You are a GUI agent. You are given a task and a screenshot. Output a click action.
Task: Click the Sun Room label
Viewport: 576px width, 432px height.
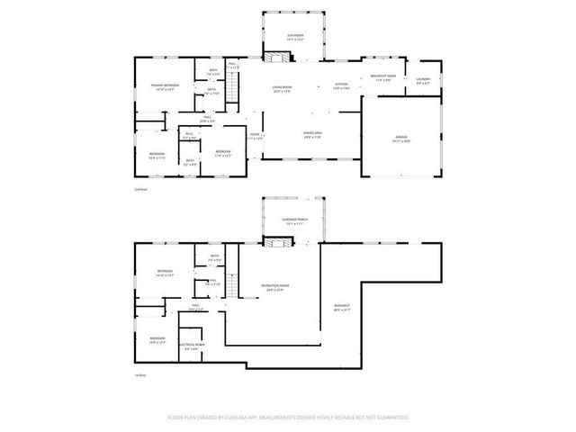coord(283,36)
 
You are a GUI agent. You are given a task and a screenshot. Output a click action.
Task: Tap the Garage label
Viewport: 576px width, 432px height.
coord(400,139)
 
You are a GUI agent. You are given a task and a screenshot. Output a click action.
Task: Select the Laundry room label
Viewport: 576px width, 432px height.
coord(423,79)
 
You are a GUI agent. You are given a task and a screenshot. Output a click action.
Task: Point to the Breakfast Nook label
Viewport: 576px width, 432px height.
coord(384,77)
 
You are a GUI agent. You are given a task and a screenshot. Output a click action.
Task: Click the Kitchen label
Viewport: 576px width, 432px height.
coord(342,85)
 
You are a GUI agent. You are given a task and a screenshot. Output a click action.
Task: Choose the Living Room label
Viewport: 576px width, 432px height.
coord(283,87)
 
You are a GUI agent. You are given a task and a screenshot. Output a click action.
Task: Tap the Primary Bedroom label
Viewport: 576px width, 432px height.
coord(163,87)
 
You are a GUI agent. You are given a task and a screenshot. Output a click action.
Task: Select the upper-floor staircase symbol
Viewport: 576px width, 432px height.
coord(234,88)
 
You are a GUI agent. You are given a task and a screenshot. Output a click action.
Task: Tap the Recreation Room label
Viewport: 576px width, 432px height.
coord(274,287)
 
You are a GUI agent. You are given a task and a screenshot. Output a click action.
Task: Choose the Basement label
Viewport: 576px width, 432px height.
coord(342,308)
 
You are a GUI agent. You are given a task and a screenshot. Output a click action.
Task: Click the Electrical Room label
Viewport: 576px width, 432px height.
coord(193,346)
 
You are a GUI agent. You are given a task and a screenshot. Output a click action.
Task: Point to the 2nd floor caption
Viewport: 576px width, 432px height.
coord(140,190)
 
